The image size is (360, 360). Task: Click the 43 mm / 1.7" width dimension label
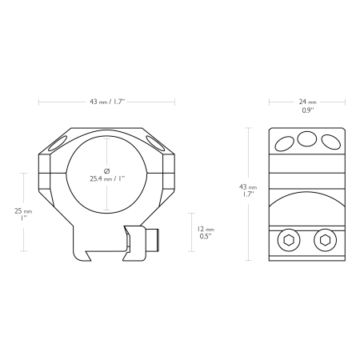[x=107, y=102]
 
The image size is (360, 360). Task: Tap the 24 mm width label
[x=307, y=102]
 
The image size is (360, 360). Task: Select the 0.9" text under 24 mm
[x=308, y=110]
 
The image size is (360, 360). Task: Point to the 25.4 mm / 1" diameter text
[x=107, y=178]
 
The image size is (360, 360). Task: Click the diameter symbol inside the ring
[x=106, y=170]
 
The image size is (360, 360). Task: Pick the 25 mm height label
[x=23, y=211]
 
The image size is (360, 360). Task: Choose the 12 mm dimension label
[x=206, y=229]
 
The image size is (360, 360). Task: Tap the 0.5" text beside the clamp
[x=206, y=236]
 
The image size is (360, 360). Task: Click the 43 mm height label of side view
[x=248, y=187]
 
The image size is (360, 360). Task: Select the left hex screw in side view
[x=289, y=240]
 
